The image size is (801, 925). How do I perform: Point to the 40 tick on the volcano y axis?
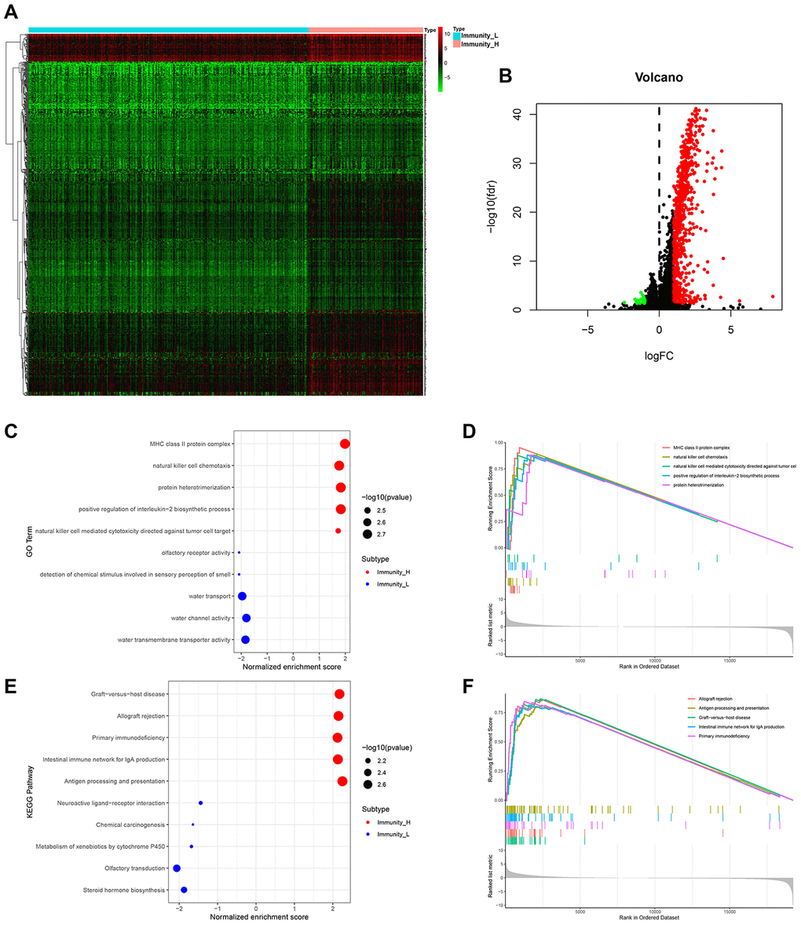tap(517, 115)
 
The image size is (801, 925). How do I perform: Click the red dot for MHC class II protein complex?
tap(345, 444)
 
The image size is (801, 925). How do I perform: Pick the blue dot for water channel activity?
tap(247, 618)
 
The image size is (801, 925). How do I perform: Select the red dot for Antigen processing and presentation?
tap(342, 781)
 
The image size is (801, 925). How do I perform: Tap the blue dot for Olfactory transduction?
tap(177, 868)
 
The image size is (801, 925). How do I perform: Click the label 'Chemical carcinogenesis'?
tap(130, 825)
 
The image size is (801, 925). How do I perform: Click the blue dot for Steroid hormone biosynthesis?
tap(184, 890)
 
